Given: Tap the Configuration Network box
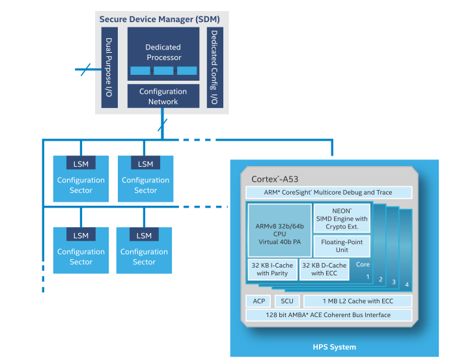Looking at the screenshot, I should (163, 96).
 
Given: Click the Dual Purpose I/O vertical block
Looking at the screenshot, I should (109, 68).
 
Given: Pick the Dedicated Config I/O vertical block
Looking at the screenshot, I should (214, 68).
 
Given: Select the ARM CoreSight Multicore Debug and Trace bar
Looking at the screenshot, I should (328, 192).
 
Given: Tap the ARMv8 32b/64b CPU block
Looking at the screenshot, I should (279, 229).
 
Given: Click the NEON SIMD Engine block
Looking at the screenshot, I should (342, 220).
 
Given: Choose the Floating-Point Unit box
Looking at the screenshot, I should (342, 245).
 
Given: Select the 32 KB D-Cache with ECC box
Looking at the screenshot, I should (324, 269).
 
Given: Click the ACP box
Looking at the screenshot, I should (258, 301).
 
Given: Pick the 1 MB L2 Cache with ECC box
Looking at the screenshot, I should (357, 301).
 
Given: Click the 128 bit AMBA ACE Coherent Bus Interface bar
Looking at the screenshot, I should (328, 315).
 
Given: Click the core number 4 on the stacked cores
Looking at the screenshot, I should (407, 284).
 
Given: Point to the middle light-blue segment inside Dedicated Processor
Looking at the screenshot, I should (163, 70).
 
